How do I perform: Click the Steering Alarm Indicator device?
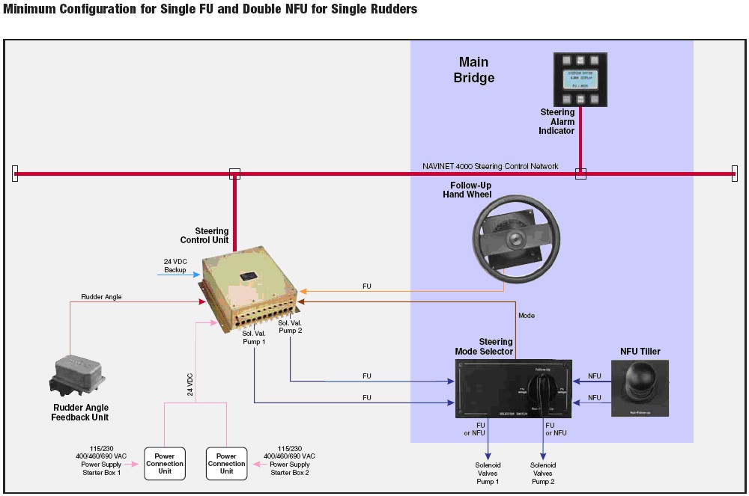pos(580,79)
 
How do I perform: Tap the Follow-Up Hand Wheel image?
pos(515,237)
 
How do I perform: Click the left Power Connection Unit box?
pos(165,463)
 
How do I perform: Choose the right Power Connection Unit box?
pos(226,463)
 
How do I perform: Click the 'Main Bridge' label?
pos(474,70)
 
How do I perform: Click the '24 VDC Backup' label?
pos(175,266)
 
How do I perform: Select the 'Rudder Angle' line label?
pos(101,297)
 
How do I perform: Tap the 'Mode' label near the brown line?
pos(527,316)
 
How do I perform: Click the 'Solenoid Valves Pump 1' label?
pos(488,473)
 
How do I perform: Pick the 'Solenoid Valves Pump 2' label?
pos(543,473)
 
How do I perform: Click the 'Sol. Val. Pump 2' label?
pos(290,327)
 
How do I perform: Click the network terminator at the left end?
pos(15,174)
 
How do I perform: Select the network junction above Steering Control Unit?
pos(234,174)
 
